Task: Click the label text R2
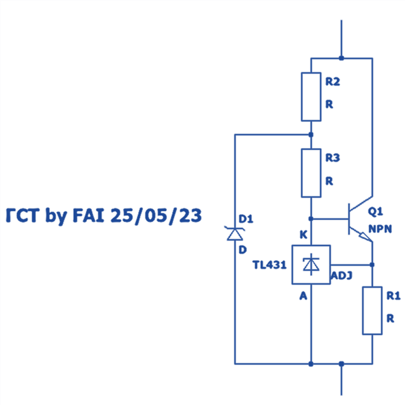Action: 332,82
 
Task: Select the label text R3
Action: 332,158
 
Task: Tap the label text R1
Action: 393,296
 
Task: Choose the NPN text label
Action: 380,229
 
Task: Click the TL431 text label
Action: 270,265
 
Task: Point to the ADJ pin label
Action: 342,276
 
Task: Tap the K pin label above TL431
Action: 303,235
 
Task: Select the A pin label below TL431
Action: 303,296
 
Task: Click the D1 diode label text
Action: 246,219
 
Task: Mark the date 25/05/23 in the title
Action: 156,216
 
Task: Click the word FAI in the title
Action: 88,215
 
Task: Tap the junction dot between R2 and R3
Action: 311,135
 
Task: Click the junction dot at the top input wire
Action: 341,58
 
